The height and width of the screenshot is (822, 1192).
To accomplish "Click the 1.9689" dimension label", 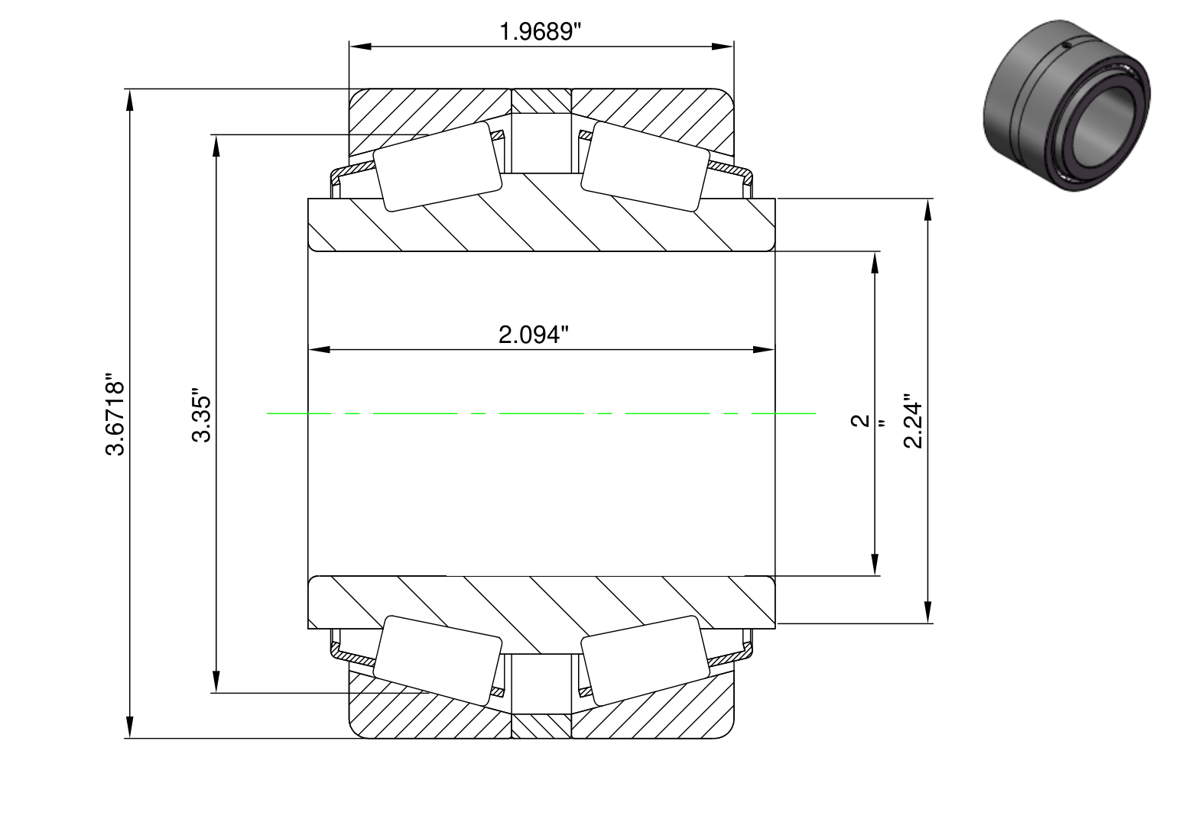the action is (x=540, y=32).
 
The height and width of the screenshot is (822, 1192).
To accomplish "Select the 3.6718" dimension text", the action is (x=115, y=414).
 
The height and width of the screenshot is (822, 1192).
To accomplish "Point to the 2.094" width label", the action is (x=533, y=335).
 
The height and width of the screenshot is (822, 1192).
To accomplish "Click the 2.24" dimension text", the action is (x=913, y=421).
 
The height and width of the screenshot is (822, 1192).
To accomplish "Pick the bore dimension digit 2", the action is (x=860, y=421).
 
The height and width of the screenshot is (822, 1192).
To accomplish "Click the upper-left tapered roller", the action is (x=437, y=167).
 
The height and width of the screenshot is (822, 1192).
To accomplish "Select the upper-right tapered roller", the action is (x=645, y=167).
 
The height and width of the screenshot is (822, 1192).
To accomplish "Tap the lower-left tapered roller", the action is (x=437, y=660).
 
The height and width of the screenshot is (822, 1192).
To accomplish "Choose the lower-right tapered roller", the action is (x=645, y=660).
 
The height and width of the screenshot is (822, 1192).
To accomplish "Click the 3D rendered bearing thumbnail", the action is (x=1066, y=105).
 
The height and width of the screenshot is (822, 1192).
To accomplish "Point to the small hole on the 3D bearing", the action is (x=1066, y=47).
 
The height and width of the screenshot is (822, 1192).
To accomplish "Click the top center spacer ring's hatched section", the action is (x=541, y=101).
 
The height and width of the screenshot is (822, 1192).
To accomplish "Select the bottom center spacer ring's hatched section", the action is (x=541, y=726).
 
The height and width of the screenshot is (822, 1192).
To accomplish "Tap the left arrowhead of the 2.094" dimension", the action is (x=320, y=349).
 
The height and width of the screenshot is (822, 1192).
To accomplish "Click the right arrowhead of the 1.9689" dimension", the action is (x=723, y=47).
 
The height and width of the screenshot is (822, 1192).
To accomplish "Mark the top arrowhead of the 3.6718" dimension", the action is (x=129, y=100).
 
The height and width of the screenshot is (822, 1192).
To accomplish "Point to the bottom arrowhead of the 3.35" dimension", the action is (x=216, y=681).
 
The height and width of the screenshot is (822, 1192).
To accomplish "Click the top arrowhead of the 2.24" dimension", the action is (x=928, y=209).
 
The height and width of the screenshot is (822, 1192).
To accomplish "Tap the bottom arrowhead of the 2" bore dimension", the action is (x=874, y=564).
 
